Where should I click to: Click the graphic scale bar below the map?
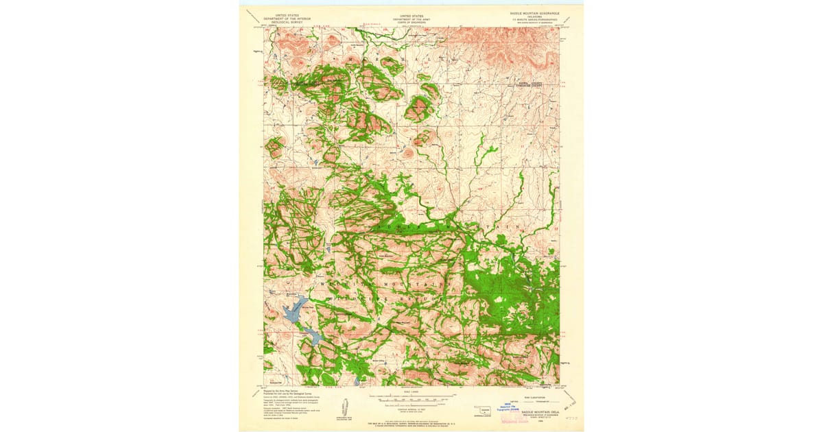411,398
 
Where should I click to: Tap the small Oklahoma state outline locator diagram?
486,411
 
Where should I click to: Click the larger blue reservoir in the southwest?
293,311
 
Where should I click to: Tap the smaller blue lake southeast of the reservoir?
313,336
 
